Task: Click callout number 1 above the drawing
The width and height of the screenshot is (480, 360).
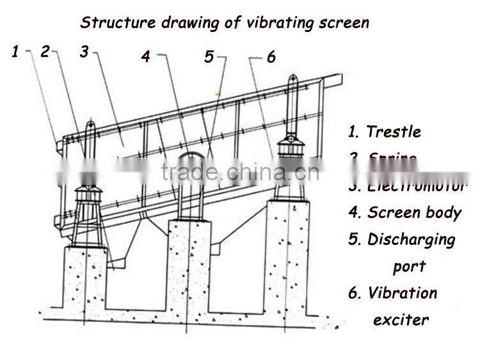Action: (15, 52)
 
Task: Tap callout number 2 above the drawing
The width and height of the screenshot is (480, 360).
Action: (45, 52)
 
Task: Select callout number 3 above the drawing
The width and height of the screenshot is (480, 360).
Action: (84, 52)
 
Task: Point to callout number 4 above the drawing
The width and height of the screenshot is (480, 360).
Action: (146, 56)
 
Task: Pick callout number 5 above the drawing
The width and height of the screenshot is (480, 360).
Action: (209, 56)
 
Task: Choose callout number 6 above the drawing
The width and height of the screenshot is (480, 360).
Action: (271, 57)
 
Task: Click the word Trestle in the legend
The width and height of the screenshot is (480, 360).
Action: (393, 132)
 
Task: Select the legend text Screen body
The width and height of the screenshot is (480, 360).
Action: (414, 213)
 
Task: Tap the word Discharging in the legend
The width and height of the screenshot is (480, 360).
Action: (411, 240)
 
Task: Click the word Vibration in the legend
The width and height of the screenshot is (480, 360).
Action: (402, 293)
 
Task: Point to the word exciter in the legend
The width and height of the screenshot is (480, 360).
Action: (401, 320)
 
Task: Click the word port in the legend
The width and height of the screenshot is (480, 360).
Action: (409, 267)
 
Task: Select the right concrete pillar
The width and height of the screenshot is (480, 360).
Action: (287, 256)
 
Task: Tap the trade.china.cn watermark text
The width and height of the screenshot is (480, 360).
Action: (239, 172)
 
